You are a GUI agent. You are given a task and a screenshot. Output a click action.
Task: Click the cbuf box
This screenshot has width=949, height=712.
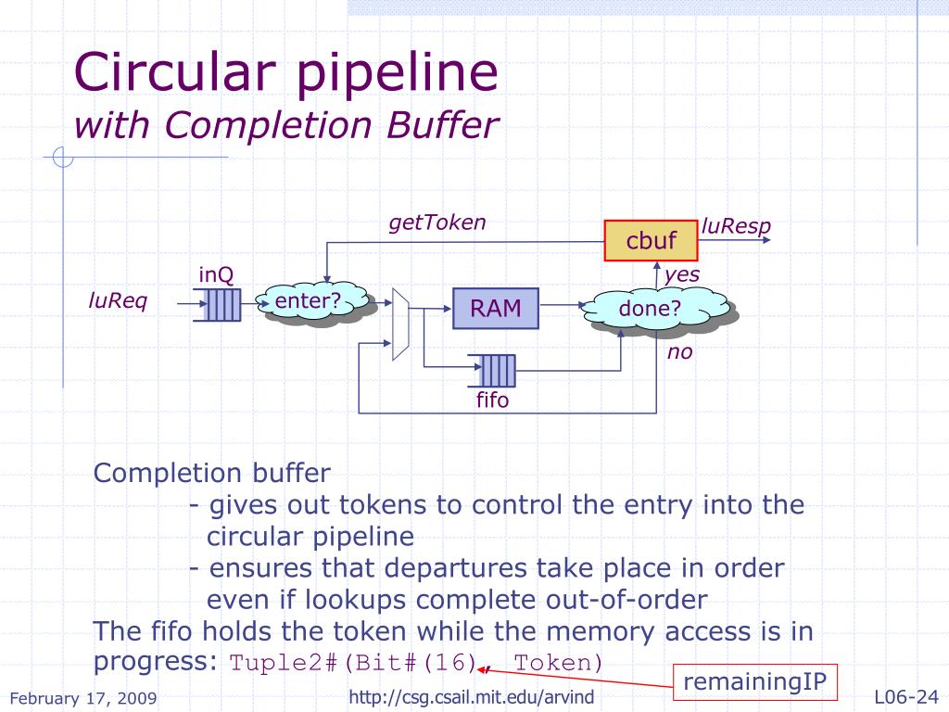coord(651,241)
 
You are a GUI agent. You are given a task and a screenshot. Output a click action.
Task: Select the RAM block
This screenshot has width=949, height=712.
coord(495,309)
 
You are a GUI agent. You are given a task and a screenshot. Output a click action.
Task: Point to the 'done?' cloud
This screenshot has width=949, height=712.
coord(652,310)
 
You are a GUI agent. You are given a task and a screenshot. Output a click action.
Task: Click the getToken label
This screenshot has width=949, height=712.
coord(437,222)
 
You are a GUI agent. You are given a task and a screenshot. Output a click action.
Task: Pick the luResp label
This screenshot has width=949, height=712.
coord(736,226)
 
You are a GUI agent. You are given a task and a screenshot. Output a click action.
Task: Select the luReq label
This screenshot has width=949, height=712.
coord(118,301)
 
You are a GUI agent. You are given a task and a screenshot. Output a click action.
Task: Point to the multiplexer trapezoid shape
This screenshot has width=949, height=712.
coord(400,324)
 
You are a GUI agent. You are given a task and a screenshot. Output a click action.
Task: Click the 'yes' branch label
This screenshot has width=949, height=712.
coord(682,274)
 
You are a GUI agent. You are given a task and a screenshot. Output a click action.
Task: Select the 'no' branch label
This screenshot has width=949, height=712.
coord(680,352)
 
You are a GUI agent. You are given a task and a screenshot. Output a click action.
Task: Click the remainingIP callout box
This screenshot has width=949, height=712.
coord(754,682)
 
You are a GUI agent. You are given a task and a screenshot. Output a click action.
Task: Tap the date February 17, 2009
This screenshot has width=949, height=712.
coord(83,698)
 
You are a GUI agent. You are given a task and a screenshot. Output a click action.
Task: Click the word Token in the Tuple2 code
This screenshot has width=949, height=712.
coord(558,664)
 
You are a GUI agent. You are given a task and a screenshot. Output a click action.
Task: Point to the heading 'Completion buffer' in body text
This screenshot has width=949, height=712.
coord(211,474)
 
